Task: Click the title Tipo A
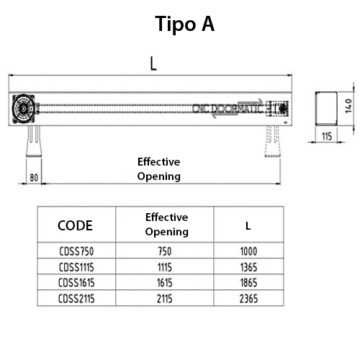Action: [185, 24]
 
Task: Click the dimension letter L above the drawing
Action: [153, 64]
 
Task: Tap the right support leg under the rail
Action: [274, 141]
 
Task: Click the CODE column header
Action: [75, 225]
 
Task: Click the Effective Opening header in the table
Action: [166, 225]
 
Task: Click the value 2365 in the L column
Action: [248, 297]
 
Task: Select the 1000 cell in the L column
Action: [248, 252]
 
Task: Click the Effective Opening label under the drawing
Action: [158, 168]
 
